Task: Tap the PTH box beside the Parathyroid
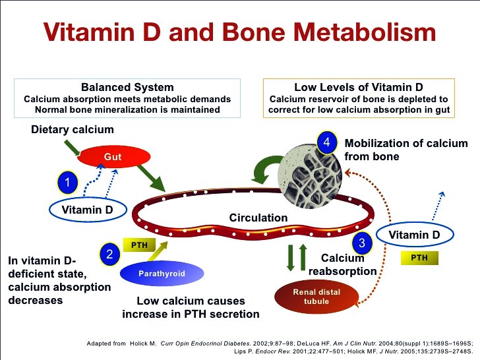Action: (139, 245)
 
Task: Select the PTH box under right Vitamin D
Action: (419, 258)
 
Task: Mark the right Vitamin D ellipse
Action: (414, 235)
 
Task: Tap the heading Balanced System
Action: (127, 87)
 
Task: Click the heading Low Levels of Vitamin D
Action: (358, 87)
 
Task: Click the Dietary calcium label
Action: (73, 130)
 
